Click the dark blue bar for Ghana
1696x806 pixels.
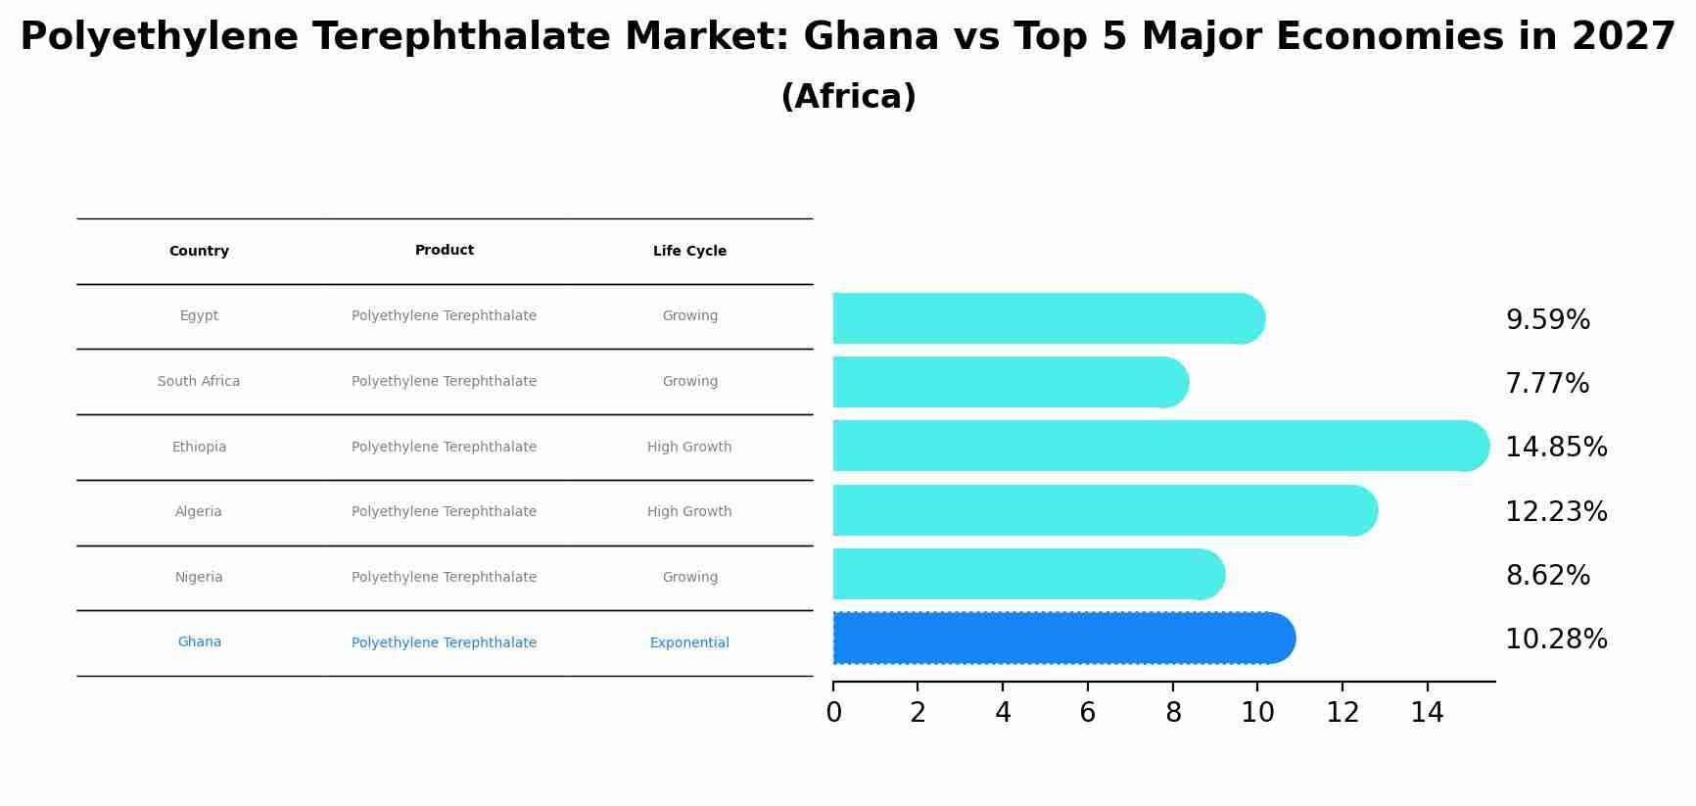pyautogui.click(x=1062, y=639)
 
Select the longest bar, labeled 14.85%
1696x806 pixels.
pyautogui.click(x=1160, y=447)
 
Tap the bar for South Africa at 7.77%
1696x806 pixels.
pyautogui.click(x=1009, y=382)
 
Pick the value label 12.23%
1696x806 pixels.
pyautogui.click(x=1556, y=512)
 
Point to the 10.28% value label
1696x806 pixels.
pyautogui.click(x=1556, y=640)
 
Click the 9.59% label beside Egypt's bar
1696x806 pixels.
pyautogui.click(x=1547, y=320)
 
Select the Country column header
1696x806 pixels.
pyautogui.click(x=199, y=252)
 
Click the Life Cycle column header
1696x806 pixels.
pyautogui.click(x=689, y=252)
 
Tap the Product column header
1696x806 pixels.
pyautogui.click(x=444, y=251)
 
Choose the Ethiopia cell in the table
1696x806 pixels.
pyautogui.click(x=199, y=448)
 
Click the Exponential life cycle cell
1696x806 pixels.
pyautogui.click(x=689, y=643)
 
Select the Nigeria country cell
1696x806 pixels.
pyautogui.click(x=199, y=578)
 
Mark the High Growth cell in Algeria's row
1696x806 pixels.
pyautogui.click(x=689, y=512)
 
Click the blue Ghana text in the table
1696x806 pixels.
pyautogui.click(x=199, y=642)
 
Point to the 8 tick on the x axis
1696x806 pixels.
pyautogui.click(x=1172, y=713)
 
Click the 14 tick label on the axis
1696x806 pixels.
pyautogui.click(x=1427, y=713)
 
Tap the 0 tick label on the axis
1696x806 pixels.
pyautogui.click(x=833, y=713)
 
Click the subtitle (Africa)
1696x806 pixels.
pyautogui.click(x=848, y=97)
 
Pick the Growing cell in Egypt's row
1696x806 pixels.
pyautogui.click(x=689, y=316)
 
